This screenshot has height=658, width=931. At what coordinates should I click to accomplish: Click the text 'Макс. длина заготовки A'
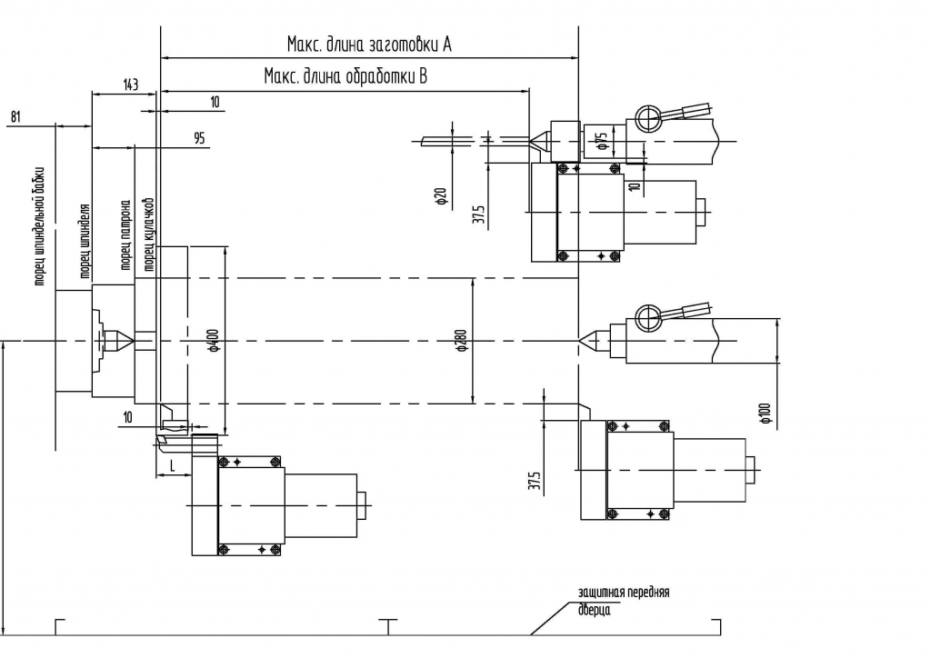click(369, 44)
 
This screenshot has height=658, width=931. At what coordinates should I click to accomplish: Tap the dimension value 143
click(130, 85)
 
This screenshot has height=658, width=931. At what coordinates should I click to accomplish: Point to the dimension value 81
click(16, 116)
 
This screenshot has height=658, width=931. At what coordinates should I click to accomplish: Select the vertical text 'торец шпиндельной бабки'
click(41, 227)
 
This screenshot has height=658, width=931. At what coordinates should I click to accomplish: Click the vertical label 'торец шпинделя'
click(83, 240)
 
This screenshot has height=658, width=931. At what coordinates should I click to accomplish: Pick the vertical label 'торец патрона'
click(125, 234)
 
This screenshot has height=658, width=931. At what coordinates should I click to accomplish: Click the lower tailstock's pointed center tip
click(583, 341)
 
